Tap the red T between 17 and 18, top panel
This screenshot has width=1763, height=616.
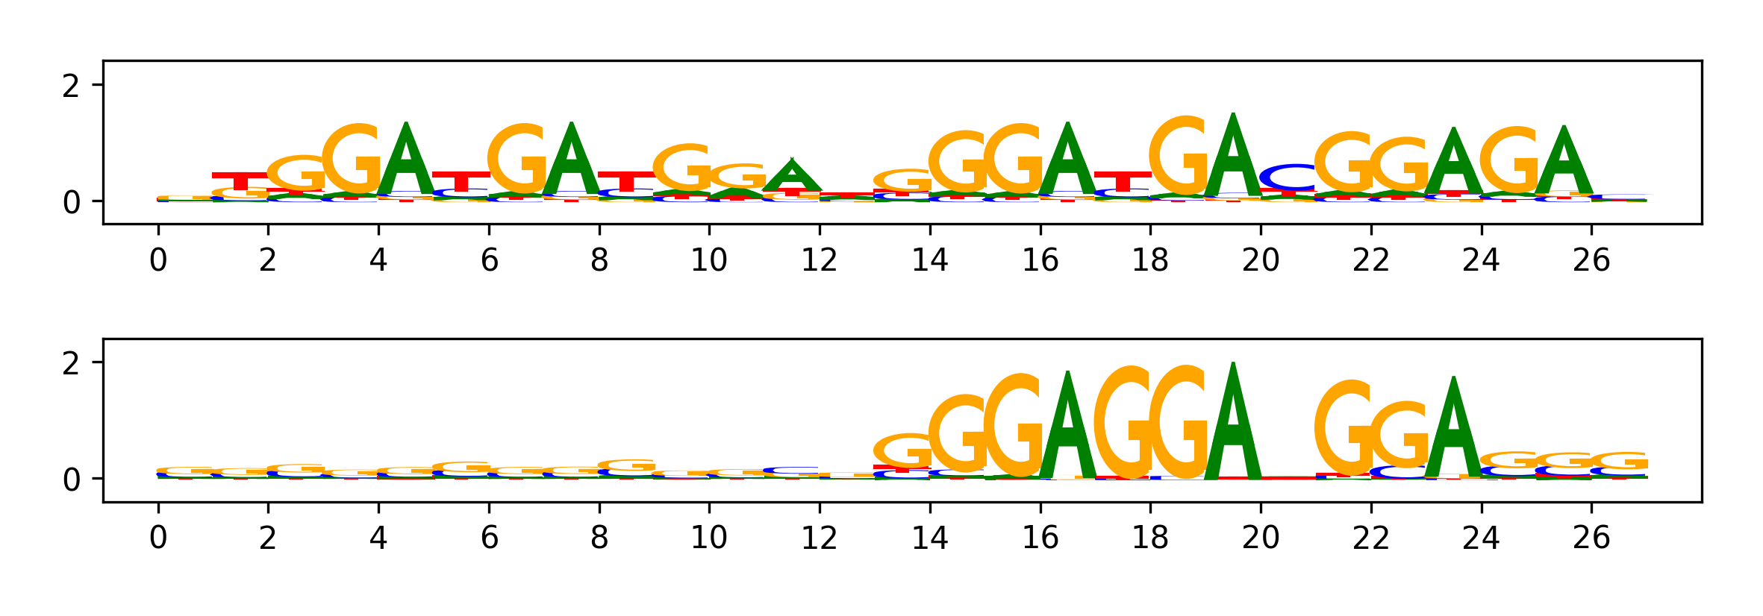pos(1123,180)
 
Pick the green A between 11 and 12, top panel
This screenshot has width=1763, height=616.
pos(792,177)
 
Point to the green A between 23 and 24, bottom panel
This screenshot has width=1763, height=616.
pos(1453,429)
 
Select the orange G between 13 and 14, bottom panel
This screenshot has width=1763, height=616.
pos(902,450)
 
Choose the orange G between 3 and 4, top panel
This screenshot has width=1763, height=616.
pos(352,160)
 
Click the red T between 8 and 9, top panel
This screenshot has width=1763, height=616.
pos(626,180)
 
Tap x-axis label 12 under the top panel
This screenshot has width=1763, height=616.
pos(819,260)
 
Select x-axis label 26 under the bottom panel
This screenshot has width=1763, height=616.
pos(1591,538)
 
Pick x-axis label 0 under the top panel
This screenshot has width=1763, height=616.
pos(158,260)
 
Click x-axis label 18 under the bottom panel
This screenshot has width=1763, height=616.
pos(1149,538)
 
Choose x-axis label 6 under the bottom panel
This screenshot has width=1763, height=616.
pos(489,538)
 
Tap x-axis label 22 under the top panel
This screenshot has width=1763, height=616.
pos(1370,260)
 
